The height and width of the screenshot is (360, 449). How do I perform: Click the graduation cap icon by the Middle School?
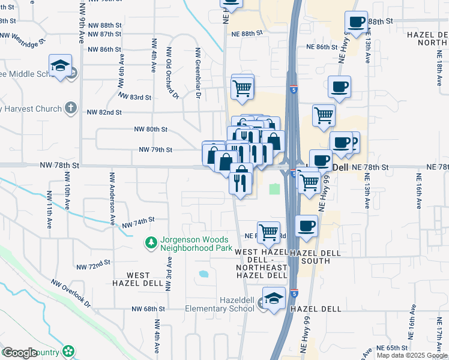59,66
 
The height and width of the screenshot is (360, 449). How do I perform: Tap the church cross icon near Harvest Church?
71,109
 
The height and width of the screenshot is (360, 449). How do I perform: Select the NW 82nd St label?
104,112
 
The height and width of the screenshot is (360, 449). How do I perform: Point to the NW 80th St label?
149,129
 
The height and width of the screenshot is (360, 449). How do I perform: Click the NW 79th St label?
155,149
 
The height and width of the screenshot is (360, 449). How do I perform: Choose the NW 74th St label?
138,222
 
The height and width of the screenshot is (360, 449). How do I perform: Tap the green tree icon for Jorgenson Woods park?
151,242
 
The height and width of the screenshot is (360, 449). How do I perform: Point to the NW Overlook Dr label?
71,294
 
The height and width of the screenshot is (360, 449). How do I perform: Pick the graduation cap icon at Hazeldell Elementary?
273,298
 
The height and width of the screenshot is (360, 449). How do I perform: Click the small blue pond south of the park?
203,274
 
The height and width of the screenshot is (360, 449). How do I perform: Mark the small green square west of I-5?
274,189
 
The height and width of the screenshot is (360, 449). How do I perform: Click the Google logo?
20,353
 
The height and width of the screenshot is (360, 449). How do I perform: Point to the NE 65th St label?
391,348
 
